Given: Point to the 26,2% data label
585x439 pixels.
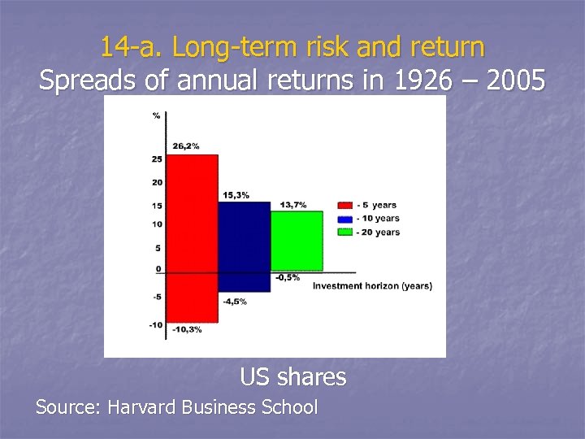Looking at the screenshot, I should [x=186, y=146].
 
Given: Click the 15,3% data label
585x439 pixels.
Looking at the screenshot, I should [x=236, y=195].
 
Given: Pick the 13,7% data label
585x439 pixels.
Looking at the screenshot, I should [x=293, y=205].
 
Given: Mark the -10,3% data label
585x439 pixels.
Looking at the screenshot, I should [x=186, y=329].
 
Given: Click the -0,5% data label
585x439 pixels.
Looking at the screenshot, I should [x=287, y=277].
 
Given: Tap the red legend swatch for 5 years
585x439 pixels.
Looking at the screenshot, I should [x=344, y=206].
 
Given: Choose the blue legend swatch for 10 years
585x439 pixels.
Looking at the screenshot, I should [x=344, y=219].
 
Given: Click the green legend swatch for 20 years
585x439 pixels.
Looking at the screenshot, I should [x=344, y=233].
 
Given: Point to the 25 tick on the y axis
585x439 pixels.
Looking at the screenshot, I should [x=157, y=159].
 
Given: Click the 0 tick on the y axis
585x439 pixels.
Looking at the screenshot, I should [x=158, y=269].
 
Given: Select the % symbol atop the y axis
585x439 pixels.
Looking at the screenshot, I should [x=156, y=115].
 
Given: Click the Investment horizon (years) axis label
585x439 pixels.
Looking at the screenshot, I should [x=372, y=286].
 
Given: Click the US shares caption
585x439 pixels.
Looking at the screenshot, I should [x=292, y=377].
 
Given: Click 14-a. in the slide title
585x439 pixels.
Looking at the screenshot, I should [x=123, y=47].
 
